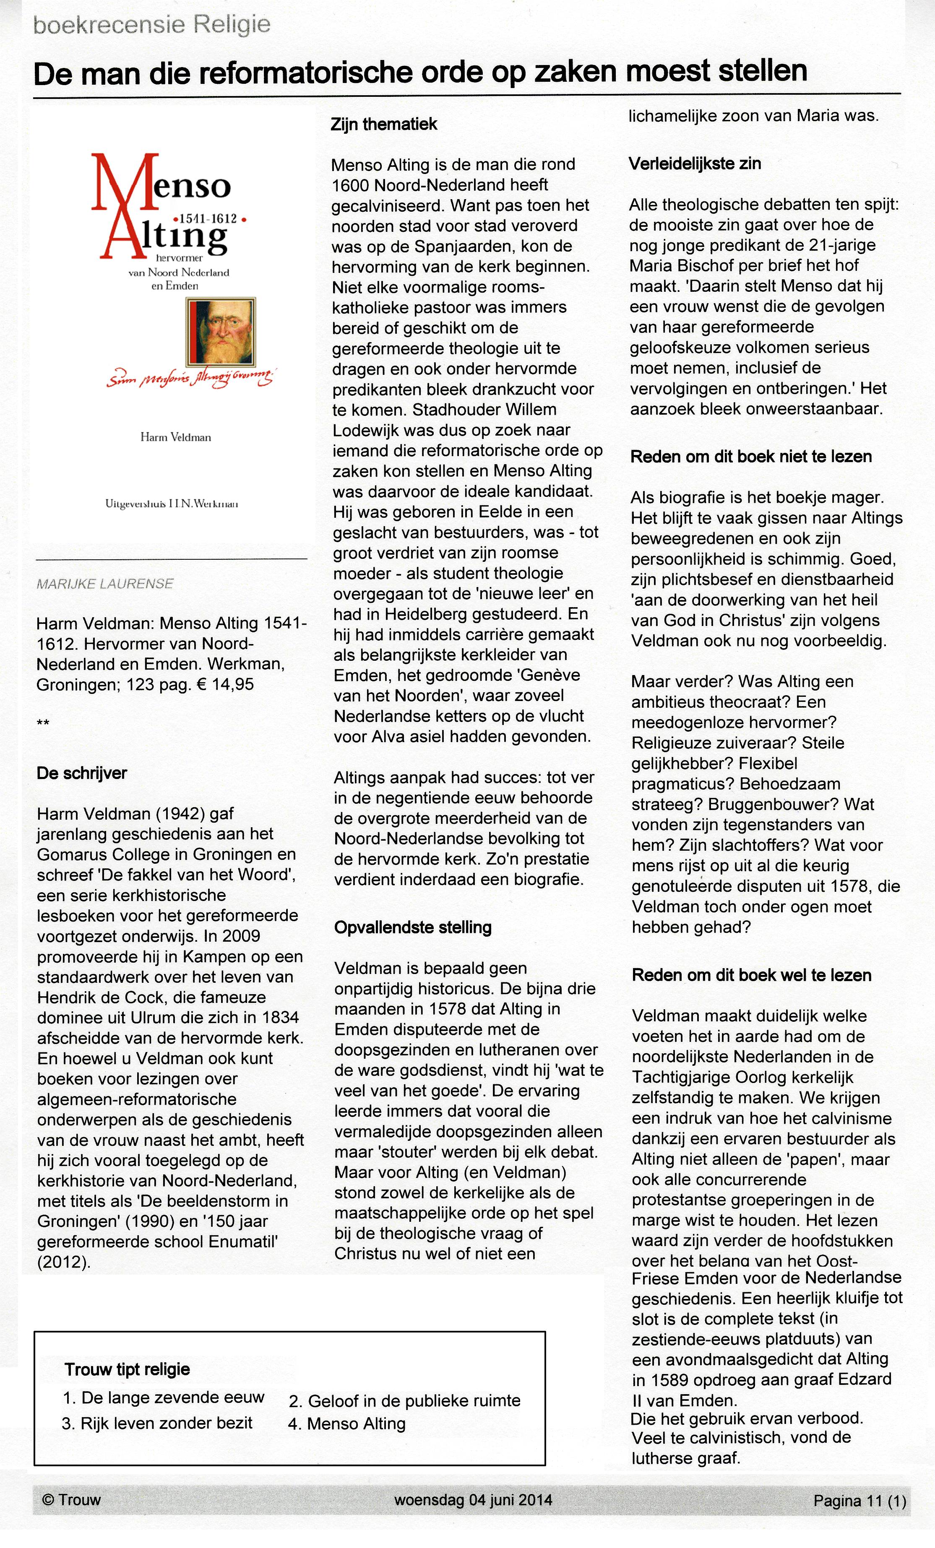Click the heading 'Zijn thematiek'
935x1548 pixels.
point(383,125)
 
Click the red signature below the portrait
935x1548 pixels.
point(190,378)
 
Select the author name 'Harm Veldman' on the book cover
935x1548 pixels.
point(175,437)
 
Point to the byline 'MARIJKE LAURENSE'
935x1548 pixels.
point(104,584)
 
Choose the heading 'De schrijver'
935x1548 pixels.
point(82,774)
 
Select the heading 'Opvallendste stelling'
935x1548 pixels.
point(412,927)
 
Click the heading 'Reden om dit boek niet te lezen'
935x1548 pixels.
point(751,457)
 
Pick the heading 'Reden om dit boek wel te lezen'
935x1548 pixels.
point(752,975)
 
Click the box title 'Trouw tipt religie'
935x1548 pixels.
point(127,1369)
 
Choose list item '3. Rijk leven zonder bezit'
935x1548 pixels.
point(157,1423)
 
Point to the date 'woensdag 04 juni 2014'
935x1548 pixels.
point(472,1500)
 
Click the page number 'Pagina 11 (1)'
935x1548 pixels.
point(859,1501)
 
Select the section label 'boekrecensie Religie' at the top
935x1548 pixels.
point(151,25)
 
